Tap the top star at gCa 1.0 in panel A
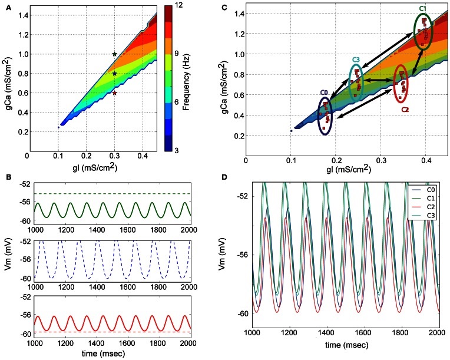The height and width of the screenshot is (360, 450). click(x=115, y=54)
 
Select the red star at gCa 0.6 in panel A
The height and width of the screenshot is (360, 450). click(x=115, y=93)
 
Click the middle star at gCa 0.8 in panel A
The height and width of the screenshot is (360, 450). click(x=115, y=74)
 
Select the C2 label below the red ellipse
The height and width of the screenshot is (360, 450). click(x=405, y=109)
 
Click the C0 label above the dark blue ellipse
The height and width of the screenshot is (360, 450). click(x=324, y=93)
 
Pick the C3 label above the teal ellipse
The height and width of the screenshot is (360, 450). click(x=356, y=60)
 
